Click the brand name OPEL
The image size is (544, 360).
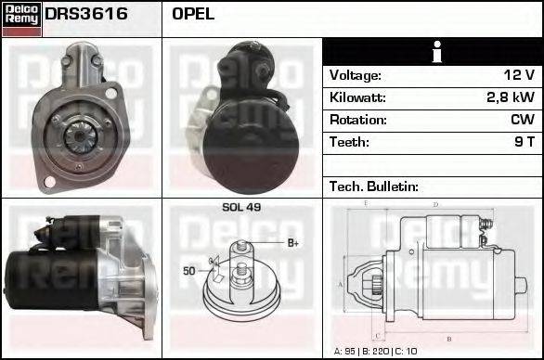coord(193,15)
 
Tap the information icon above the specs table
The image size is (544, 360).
coord(433,52)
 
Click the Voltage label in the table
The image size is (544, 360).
coord(356,75)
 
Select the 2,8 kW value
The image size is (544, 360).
coord(510,97)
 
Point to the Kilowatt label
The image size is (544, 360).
coord(357,97)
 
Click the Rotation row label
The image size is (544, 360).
coord(356,120)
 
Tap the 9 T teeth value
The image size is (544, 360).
coord(524,142)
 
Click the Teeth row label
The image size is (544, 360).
coord(349,142)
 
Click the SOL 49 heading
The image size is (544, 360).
coord(241,207)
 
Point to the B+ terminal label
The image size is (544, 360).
coord(291,243)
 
